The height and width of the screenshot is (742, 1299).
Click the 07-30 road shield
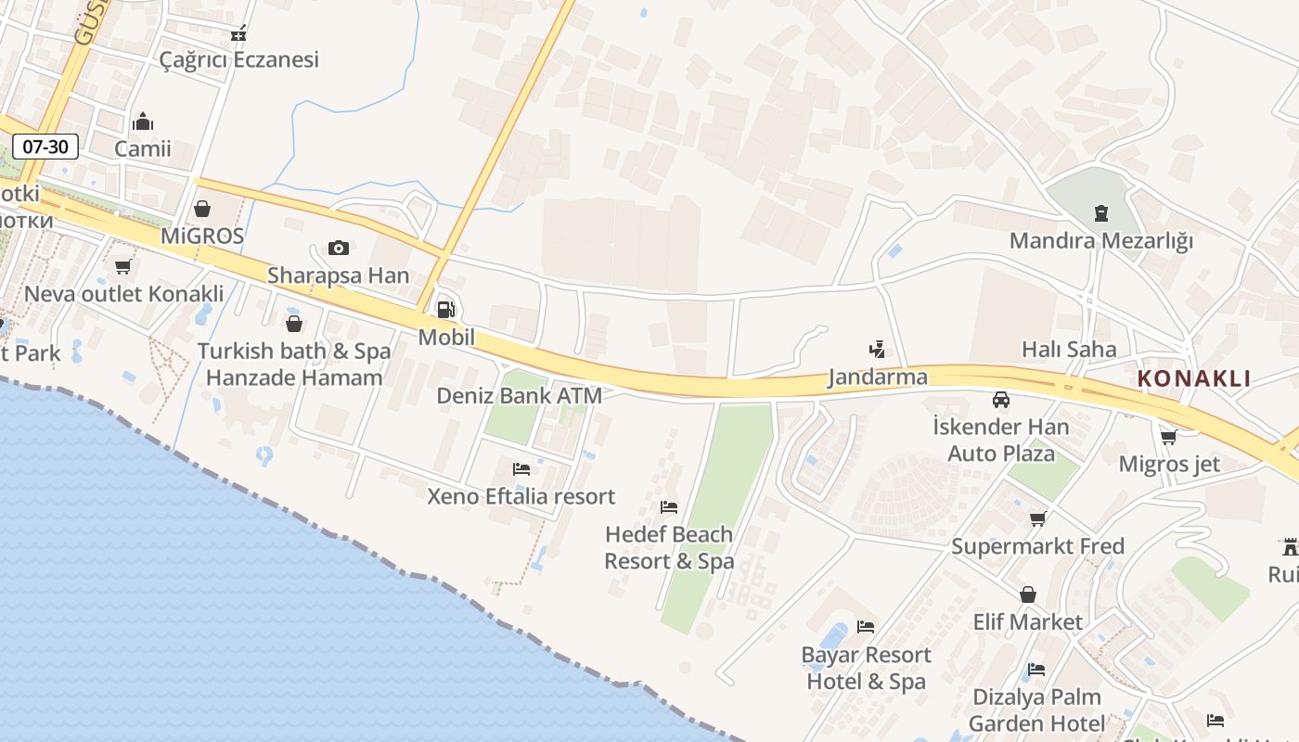(x=45, y=146)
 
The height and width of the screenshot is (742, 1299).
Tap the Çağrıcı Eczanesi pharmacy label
(x=238, y=59)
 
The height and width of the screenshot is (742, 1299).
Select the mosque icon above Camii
(x=143, y=122)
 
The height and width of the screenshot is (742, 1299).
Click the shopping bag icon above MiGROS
(x=202, y=209)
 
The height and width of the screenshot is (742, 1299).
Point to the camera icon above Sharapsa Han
(x=339, y=248)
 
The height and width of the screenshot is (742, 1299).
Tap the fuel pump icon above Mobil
(x=445, y=310)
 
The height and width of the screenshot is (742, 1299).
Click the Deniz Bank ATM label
(x=519, y=396)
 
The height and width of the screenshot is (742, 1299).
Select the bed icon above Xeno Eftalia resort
(x=521, y=469)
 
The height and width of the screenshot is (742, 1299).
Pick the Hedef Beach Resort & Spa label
(x=669, y=547)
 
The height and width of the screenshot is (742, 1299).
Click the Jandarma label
(x=877, y=377)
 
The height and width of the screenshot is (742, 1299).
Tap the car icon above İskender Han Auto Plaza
(x=1001, y=400)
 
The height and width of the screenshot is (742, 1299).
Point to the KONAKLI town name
(x=1194, y=378)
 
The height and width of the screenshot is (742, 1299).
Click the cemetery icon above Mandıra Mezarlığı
(x=1100, y=213)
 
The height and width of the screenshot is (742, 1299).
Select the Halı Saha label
(x=1069, y=350)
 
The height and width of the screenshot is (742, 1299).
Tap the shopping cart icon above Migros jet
(x=1169, y=437)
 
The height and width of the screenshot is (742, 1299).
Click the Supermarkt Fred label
(x=1037, y=546)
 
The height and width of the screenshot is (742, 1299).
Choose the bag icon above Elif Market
(x=1028, y=595)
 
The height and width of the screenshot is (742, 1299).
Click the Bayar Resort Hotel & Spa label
(x=866, y=668)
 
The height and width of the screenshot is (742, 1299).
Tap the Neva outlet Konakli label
(x=123, y=294)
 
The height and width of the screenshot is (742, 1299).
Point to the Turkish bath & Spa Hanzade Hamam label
(x=294, y=365)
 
